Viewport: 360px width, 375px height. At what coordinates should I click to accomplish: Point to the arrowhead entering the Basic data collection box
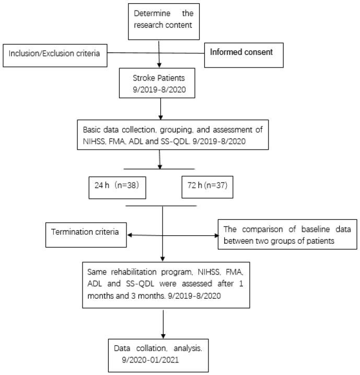click(x=164, y=119)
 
